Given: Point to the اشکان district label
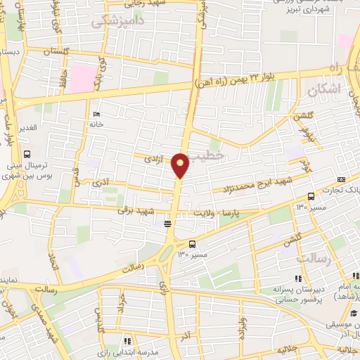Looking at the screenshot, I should tap(324, 89).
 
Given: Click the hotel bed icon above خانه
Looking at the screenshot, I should tap(96, 114).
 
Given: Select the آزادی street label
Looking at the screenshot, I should tap(153, 160).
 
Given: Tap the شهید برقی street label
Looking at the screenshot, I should tap(134, 208).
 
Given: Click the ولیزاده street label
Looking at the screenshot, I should tap(244, 328).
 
